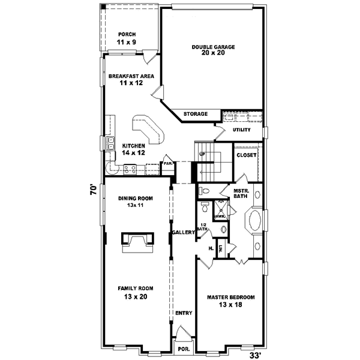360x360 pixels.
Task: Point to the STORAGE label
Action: [196, 114]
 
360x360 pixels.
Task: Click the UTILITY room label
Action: [241, 130]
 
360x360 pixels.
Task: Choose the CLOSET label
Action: [247, 155]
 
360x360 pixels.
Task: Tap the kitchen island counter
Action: [148, 129]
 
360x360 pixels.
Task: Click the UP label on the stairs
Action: [202, 154]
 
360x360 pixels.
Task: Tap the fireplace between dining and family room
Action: [137, 242]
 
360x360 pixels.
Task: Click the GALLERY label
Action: [184, 232]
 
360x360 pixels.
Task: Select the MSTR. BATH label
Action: [241, 193]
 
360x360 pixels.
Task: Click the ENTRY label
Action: [183, 313]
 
